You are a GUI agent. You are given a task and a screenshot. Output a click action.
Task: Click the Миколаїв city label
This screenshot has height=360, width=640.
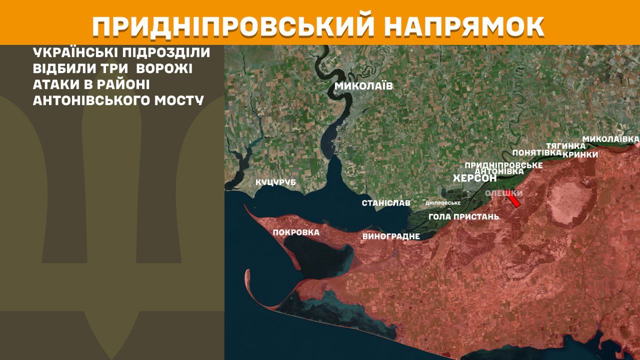(x=363, y=86)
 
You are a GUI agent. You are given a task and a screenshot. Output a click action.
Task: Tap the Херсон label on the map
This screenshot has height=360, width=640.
(x=474, y=178)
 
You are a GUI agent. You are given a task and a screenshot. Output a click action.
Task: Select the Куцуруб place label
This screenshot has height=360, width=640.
(x=275, y=182)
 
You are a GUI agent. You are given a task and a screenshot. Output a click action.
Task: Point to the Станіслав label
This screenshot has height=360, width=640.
(x=386, y=203)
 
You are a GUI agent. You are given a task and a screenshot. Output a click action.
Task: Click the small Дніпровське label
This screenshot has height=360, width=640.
(x=442, y=203)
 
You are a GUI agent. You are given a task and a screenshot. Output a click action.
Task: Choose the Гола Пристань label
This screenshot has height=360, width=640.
(x=463, y=216)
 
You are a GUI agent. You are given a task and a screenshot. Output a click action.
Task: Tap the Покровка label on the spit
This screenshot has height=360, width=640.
(x=296, y=232)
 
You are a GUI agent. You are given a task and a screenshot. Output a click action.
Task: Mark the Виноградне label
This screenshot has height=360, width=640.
(x=390, y=236)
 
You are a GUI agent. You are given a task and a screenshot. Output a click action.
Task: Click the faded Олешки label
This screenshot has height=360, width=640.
(x=504, y=193)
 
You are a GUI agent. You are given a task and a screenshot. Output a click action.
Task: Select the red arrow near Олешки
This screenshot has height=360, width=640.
(x=513, y=201)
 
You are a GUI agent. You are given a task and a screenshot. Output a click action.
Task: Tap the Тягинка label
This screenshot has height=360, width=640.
(x=565, y=145)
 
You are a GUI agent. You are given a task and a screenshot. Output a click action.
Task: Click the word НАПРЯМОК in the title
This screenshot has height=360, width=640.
(x=465, y=26)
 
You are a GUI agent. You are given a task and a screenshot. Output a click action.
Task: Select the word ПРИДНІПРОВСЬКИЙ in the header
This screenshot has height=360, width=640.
(x=233, y=26)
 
